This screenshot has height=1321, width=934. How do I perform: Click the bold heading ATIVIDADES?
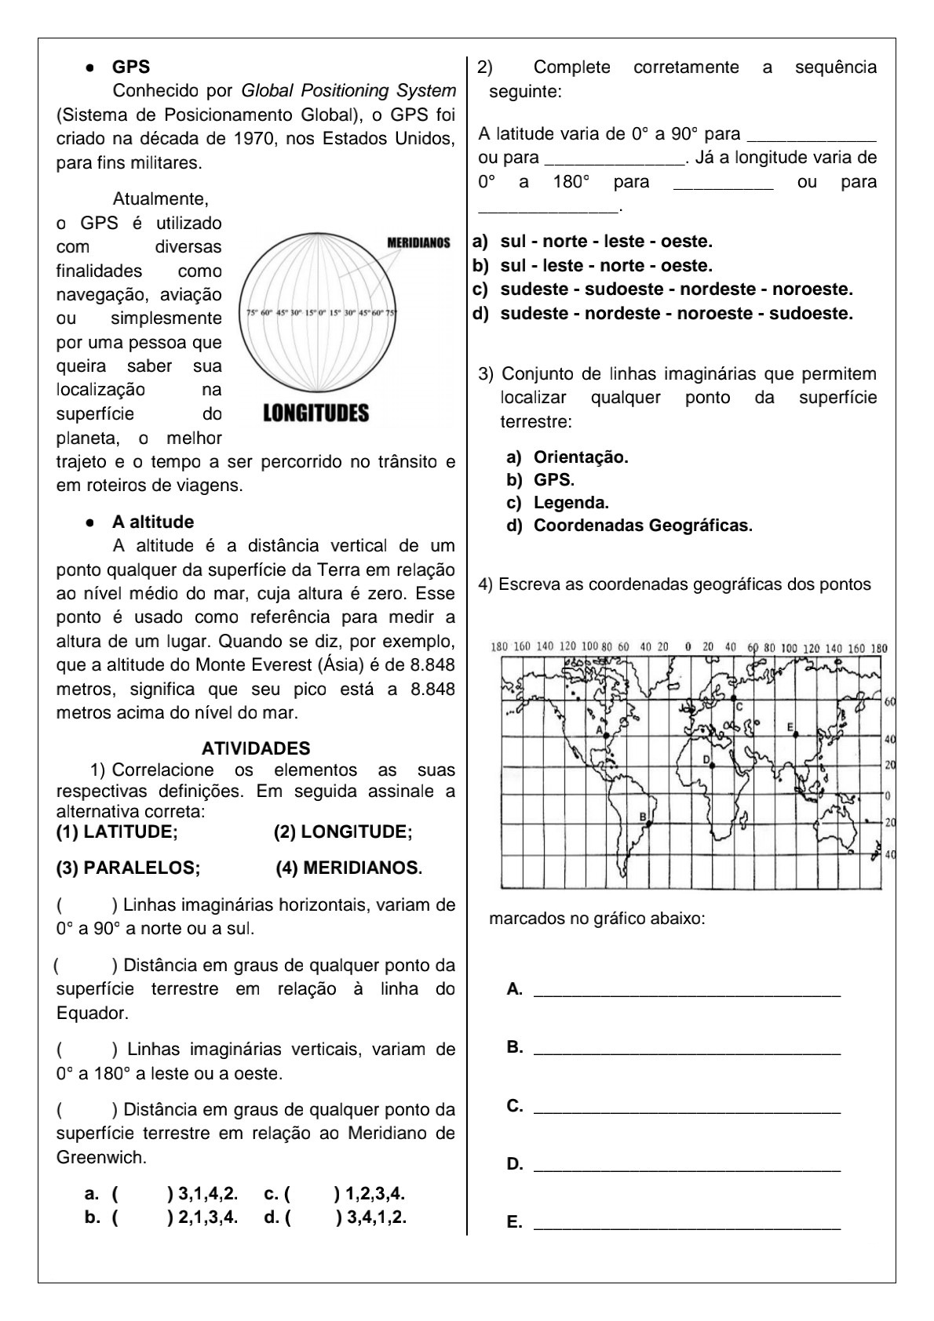(x=256, y=748)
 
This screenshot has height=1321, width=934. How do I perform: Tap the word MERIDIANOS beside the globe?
(x=418, y=243)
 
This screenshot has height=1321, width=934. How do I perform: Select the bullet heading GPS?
(x=130, y=67)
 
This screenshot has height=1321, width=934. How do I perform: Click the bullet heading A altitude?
(x=152, y=522)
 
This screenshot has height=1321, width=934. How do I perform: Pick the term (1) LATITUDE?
(x=117, y=832)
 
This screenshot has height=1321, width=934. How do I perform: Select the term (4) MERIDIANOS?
(x=348, y=868)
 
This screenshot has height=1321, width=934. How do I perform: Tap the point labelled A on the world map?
(x=607, y=735)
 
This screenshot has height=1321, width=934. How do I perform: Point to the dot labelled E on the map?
(x=796, y=735)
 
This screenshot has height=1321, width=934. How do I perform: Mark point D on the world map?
(x=712, y=765)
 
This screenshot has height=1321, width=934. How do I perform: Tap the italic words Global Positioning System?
(x=348, y=91)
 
